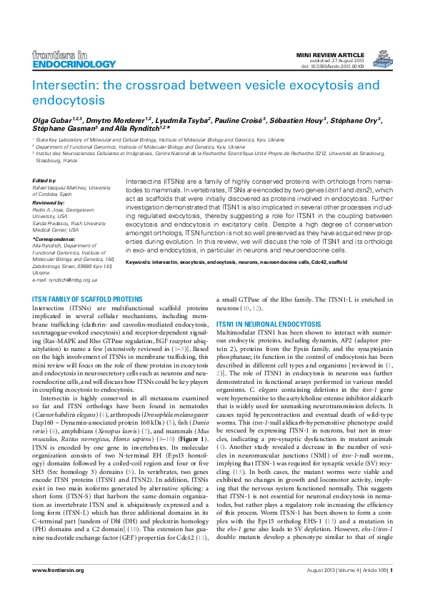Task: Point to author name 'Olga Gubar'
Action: coord(55,122)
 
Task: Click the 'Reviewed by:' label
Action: coord(49,203)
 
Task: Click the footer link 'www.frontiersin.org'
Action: coord(58,590)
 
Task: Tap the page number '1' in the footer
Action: coord(391,590)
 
